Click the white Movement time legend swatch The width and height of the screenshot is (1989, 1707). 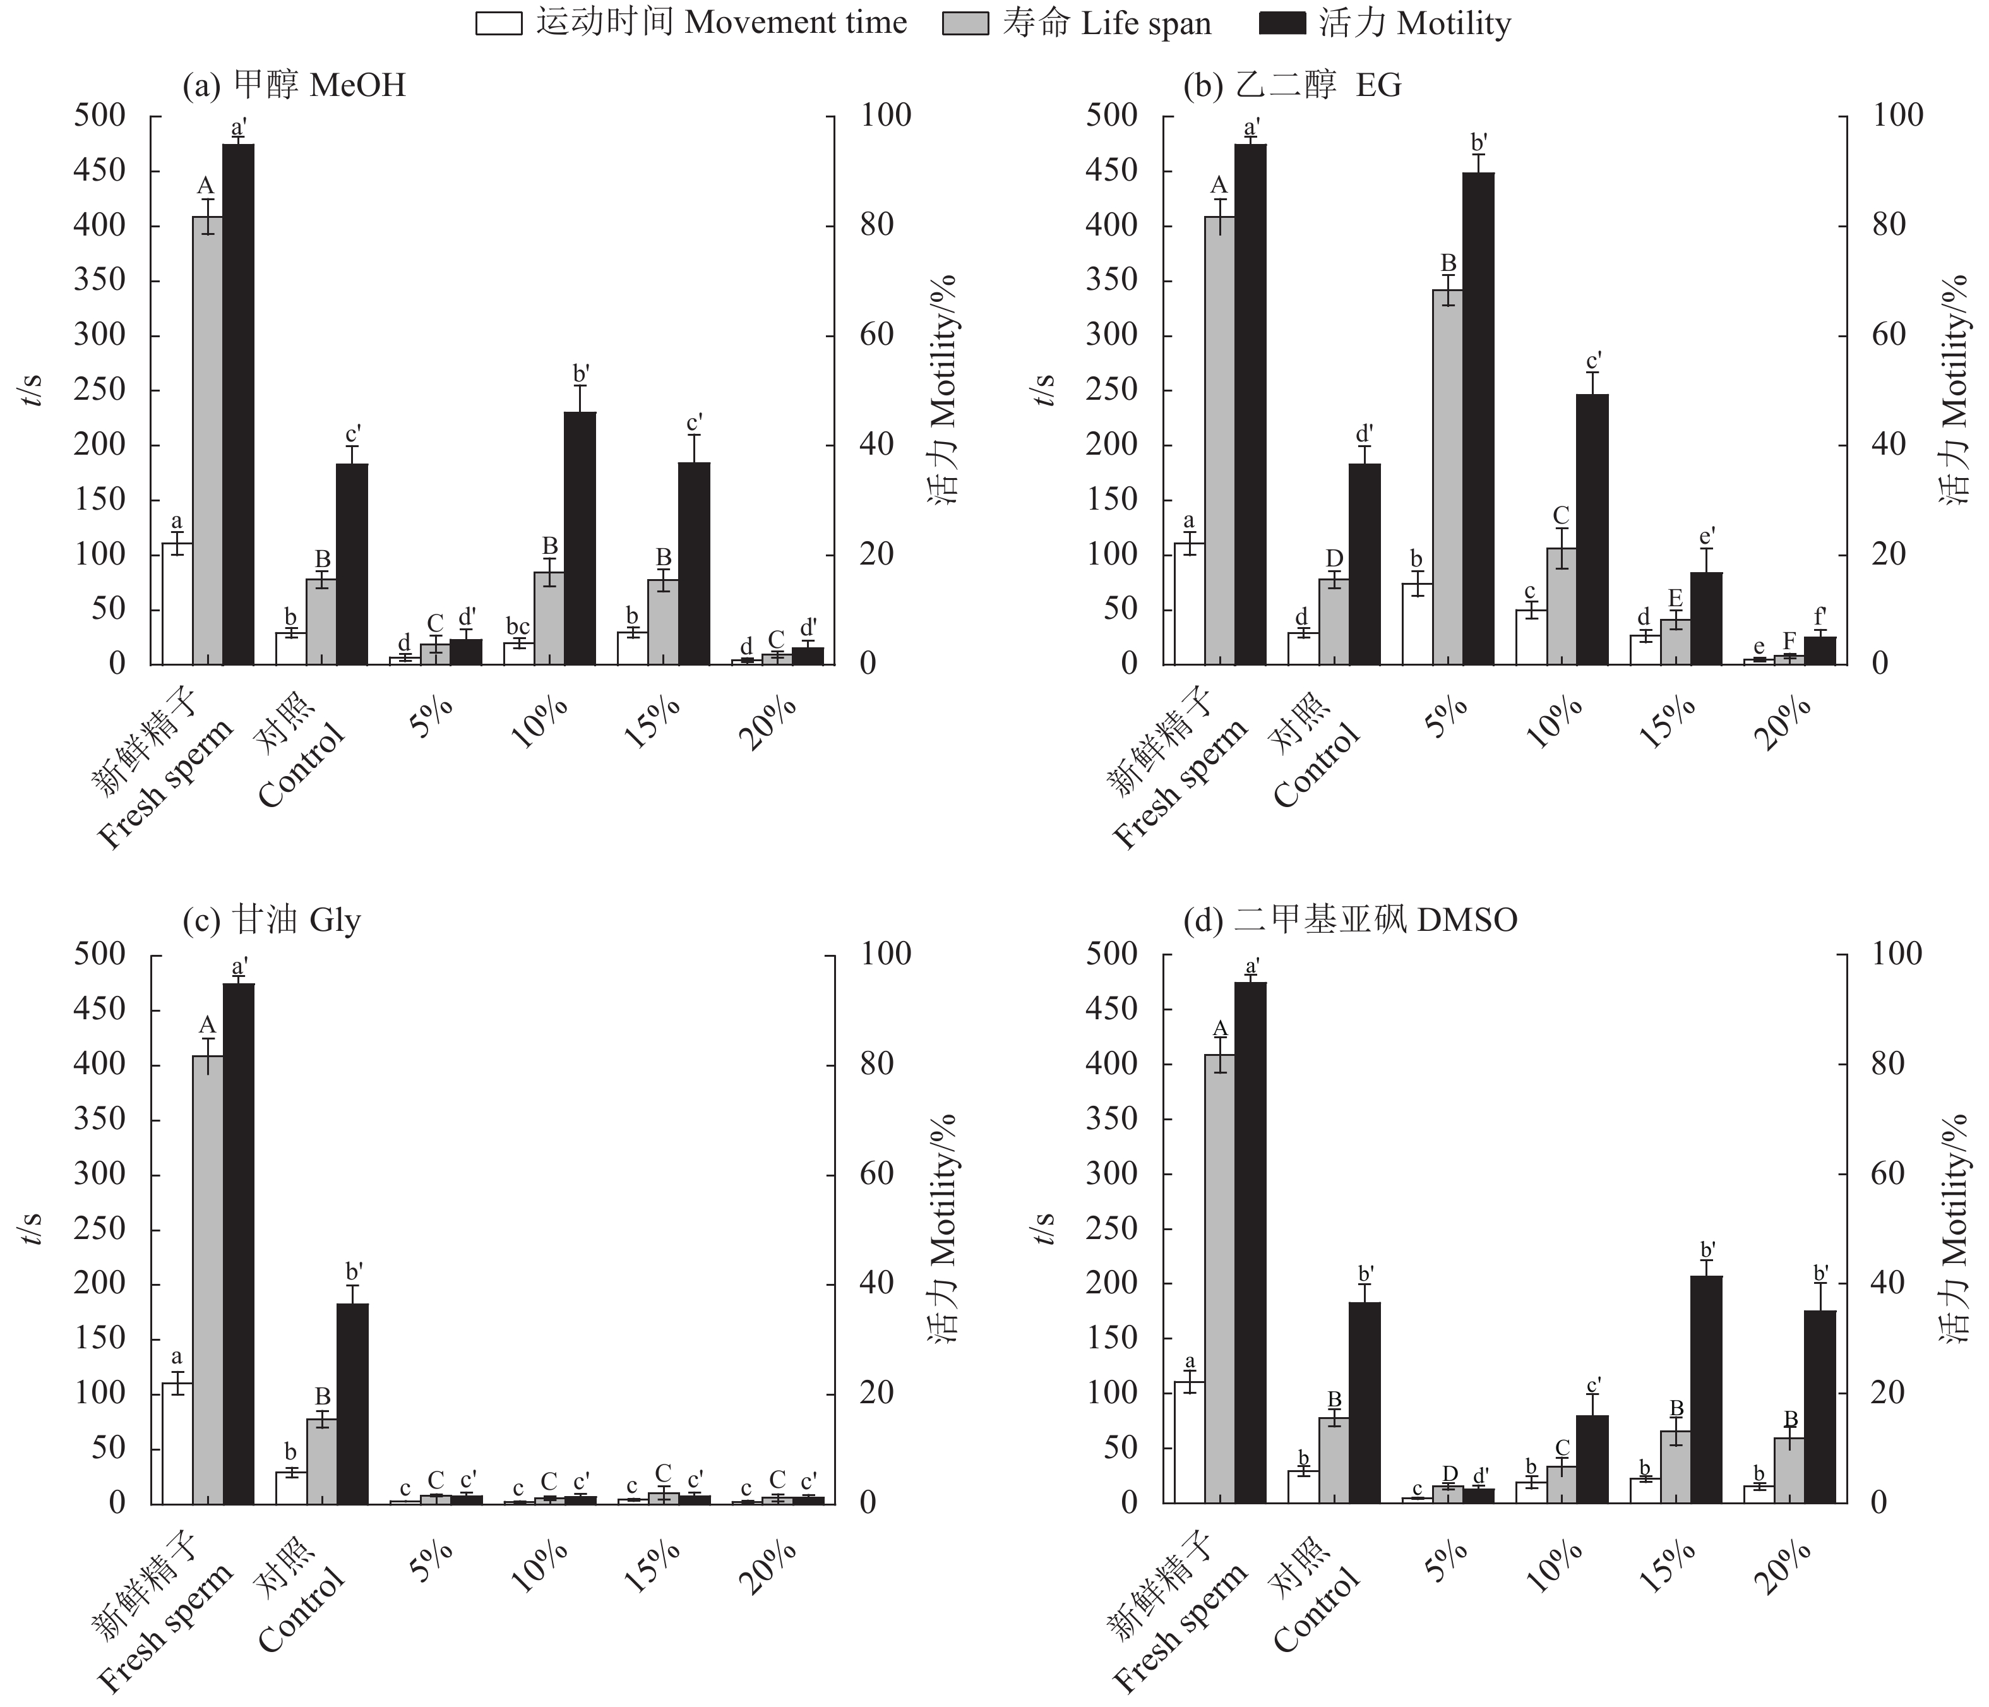pyautogui.click(x=499, y=23)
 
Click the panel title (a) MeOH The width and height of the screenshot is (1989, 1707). pyautogui.click(x=294, y=85)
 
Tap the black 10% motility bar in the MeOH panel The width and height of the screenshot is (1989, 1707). pyautogui.click(x=579, y=537)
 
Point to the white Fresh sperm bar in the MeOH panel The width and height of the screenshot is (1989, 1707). pyautogui.click(x=177, y=604)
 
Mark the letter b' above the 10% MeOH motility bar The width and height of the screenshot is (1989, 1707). pyautogui.click(x=581, y=373)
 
